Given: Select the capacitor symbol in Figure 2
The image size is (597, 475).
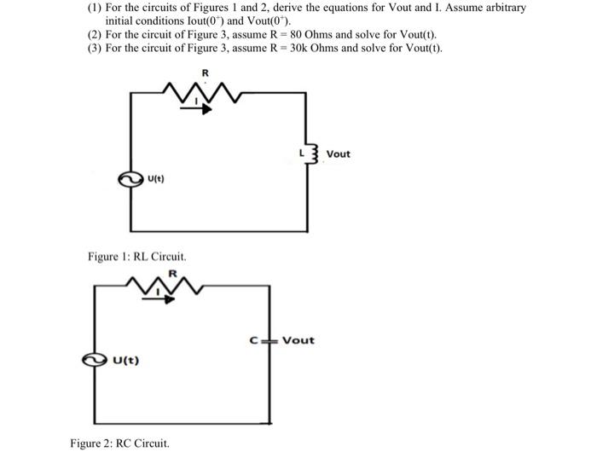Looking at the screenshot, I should click(272, 340).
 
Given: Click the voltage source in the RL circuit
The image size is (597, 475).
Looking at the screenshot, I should click(131, 178).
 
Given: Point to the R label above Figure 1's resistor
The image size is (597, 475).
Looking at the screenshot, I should click(204, 72).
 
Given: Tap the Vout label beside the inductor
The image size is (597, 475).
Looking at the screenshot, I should click(338, 154).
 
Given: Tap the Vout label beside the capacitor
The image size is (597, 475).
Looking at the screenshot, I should click(298, 340).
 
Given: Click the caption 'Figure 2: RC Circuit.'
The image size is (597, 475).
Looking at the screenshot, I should click(119, 443).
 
